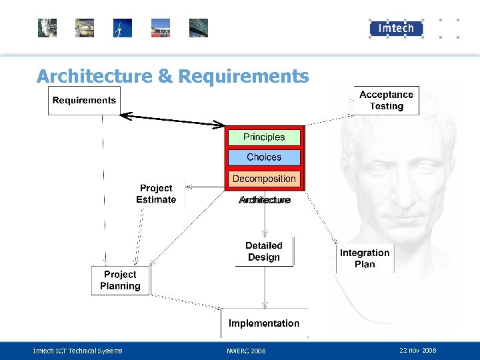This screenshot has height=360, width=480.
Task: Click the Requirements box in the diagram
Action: [x=84, y=101]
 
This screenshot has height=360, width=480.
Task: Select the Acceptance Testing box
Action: [x=386, y=101]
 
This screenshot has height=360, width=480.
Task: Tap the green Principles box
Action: [x=264, y=137]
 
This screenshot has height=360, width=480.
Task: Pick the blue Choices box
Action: [x=264, y=157]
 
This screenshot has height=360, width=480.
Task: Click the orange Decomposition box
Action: [x=264, y=179]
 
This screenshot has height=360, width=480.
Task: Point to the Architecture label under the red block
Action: [x=265, y=200]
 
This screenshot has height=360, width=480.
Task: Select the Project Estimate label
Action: [x=156, y=194]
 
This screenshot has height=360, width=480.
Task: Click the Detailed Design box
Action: [x=264, y=252]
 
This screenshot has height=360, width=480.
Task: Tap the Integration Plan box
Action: [x=365, y=258]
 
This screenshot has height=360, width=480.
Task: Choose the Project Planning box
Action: [x=120, y=281]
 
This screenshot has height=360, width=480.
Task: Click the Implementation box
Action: [x=264, y=323]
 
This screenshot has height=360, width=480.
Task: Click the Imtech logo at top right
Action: [x=396, y=28]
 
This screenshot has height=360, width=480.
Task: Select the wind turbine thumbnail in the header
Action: [x=123, y=28]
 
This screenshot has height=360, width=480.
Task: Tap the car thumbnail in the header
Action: [x=85, y=28]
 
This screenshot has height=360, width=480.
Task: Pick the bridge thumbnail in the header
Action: [x=199, y=28]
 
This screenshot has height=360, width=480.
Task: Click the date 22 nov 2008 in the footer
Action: [x=417, y=350]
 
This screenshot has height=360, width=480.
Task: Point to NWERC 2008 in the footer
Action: [x=246, y=351]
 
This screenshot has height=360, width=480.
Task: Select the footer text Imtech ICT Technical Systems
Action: [x=78, y=351]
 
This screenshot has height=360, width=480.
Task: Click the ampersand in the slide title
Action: [x=165, y=77]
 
